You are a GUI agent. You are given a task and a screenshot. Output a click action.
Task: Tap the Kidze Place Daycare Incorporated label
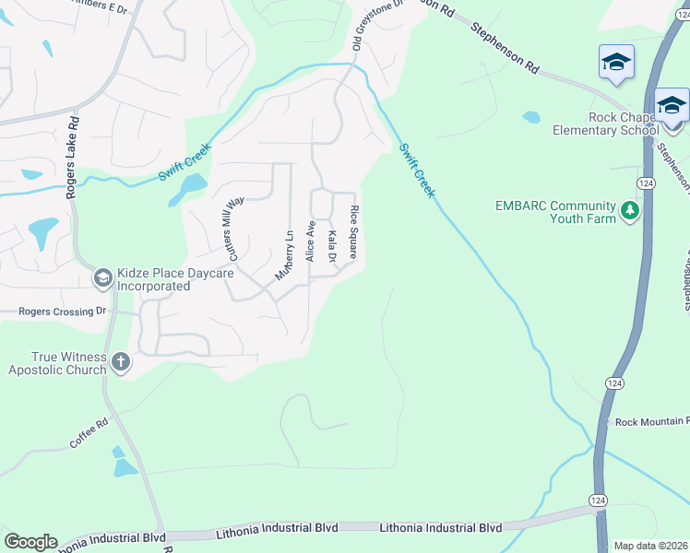[x=153, y=280]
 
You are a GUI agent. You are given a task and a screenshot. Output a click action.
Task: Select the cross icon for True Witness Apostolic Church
[x=120, y=362]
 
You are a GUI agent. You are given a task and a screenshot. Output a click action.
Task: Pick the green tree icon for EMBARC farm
[x=630, y=211]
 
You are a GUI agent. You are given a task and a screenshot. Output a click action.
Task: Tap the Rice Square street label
[x=354, y=232]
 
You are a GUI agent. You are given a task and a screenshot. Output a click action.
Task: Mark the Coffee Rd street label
[x=89, y=434]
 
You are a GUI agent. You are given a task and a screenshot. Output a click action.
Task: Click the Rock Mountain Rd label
[x=651, y=422]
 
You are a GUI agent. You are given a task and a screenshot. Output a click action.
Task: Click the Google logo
[x=30, y=542]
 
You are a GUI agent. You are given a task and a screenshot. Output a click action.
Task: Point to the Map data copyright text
[x=650, y=546]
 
